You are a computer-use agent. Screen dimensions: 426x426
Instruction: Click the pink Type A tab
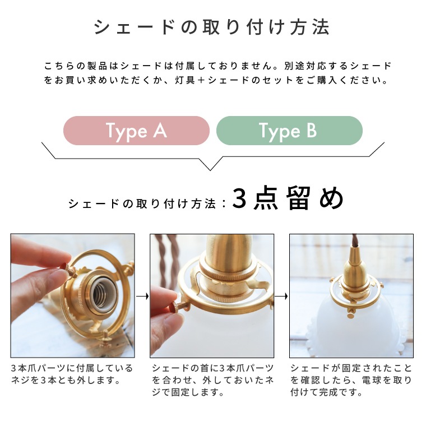[x=136, y=131]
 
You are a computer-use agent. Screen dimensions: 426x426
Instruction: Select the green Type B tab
[x=289, y=131]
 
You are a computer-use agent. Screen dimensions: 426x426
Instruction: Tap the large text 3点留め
[x=287, y=199]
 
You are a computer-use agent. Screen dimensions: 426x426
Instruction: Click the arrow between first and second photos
[x=142, y=296]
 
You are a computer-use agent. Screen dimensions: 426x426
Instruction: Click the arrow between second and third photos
[x=282, y=296]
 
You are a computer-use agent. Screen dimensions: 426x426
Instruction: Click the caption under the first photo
[x=72, y=374]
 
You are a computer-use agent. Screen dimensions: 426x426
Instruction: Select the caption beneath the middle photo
[x=212, y=380]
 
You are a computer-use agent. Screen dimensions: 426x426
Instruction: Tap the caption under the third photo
[x=351, y=380]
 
